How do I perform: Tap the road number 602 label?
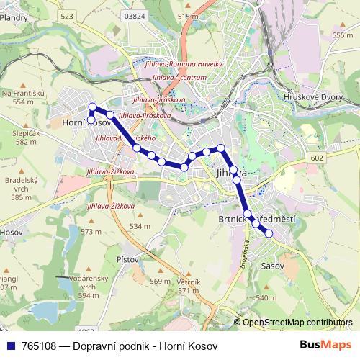tap(318, 157)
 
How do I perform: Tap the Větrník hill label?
tap(188, 282)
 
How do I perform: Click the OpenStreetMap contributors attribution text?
tap(297, 323)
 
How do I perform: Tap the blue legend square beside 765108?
tap(10, 344)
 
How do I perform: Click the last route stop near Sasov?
tap(269, 233)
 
